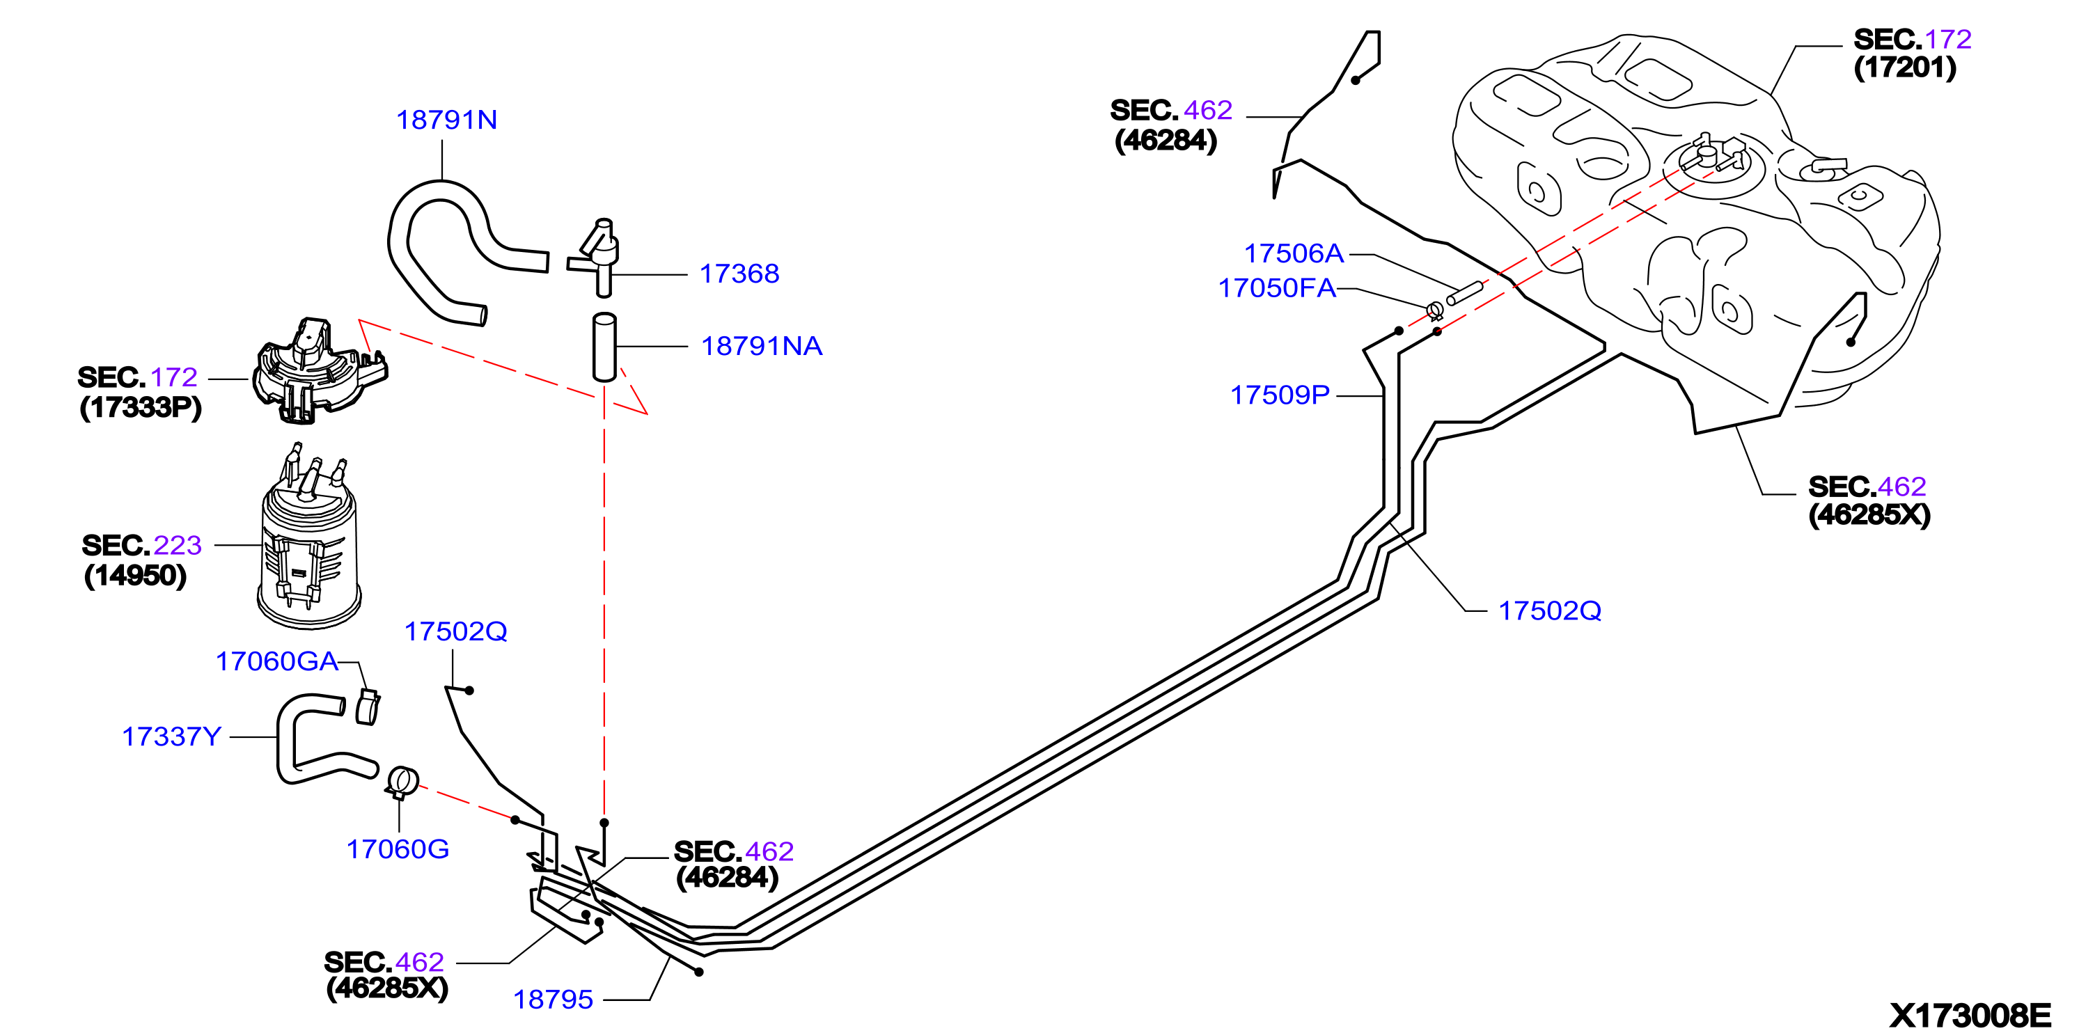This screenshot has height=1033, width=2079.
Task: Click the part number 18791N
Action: (x=446, y=120)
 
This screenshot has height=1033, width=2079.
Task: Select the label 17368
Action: (x=739, y=274)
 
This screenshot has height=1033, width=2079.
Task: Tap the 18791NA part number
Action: (x=761, y=346)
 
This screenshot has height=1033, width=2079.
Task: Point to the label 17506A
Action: (x=1294, y=254)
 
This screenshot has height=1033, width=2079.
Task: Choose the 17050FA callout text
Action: (x=1277, y=288)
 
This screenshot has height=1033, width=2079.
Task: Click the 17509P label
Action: (x=1280, y=395)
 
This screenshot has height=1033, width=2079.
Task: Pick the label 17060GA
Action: (x=276, y=662)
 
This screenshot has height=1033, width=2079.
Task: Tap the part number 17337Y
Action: (x=171, y=737)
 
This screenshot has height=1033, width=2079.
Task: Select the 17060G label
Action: (x=397, y=849)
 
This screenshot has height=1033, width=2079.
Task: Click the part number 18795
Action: (x=553, y=1000)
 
